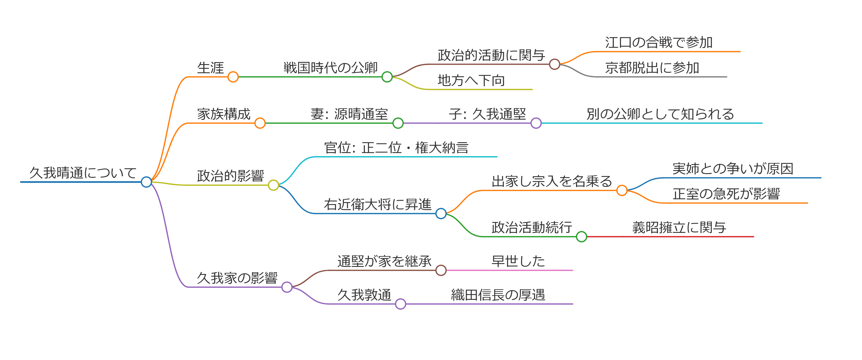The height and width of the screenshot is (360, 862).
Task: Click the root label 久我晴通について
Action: click(x=83, y=173)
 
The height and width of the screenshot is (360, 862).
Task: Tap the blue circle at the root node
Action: click(x=146, y=182)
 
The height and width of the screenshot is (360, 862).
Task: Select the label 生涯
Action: click(x=210, y=68)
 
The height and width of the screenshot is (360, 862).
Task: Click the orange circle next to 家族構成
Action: click(x=260, y=123)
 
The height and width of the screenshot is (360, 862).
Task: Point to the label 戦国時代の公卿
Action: click(x=330, y=68)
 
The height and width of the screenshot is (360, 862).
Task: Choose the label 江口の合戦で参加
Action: click(x=658, y=42)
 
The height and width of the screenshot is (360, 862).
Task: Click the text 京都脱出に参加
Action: click(x=652, y=68)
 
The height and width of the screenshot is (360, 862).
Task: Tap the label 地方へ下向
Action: click(x=471, y=81)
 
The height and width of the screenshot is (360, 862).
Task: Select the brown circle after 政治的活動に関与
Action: click(x=554, y=64)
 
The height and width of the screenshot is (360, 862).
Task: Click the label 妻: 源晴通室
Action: click(x=349, y=114)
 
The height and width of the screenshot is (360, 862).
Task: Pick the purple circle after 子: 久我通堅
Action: click(x=536, y=123)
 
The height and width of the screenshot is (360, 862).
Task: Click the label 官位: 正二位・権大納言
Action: click(x=396, y=147)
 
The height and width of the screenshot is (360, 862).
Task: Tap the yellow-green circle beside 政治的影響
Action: click(x=273, y=185)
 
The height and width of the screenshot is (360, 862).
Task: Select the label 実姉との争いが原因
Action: click(x=733, y=169)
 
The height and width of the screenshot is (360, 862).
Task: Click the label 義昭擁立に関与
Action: click(x=679, y=228)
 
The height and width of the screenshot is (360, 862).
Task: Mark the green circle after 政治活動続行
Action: click(x=582, y=237)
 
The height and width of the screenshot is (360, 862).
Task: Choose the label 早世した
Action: click(x=518, y=261)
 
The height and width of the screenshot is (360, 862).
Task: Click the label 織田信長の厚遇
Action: click(x=498, y=295)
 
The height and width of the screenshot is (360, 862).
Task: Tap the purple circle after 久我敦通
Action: click(x=400, y=304)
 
